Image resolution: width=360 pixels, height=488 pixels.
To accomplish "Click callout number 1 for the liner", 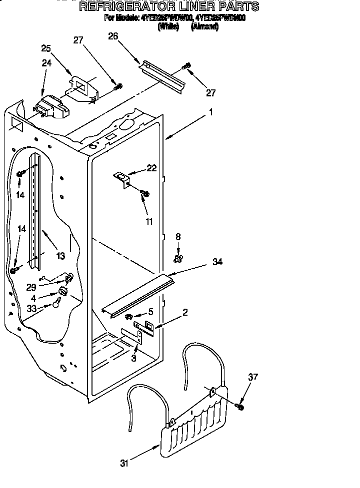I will (211, 113).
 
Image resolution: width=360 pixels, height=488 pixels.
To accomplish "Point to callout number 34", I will (217, 261).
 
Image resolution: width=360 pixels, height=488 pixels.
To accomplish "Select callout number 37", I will (253, 377).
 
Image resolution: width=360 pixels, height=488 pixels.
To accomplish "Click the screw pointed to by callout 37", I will (240, 407).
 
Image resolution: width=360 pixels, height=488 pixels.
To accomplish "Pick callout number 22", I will (151, 168).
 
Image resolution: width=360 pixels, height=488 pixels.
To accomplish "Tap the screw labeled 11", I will (145, 193).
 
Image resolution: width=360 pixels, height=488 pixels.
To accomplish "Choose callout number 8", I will (178, 237).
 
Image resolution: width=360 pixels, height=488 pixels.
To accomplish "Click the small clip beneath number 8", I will (177, 258).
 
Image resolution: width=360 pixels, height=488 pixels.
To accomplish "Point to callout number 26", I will (113, 36).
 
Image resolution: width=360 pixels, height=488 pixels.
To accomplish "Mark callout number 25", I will (46, 48).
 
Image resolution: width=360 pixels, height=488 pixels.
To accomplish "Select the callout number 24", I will (46, 63).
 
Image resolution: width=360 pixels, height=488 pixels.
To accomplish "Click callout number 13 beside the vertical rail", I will (60, 256).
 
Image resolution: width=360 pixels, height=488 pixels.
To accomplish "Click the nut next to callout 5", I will (128, 317).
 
